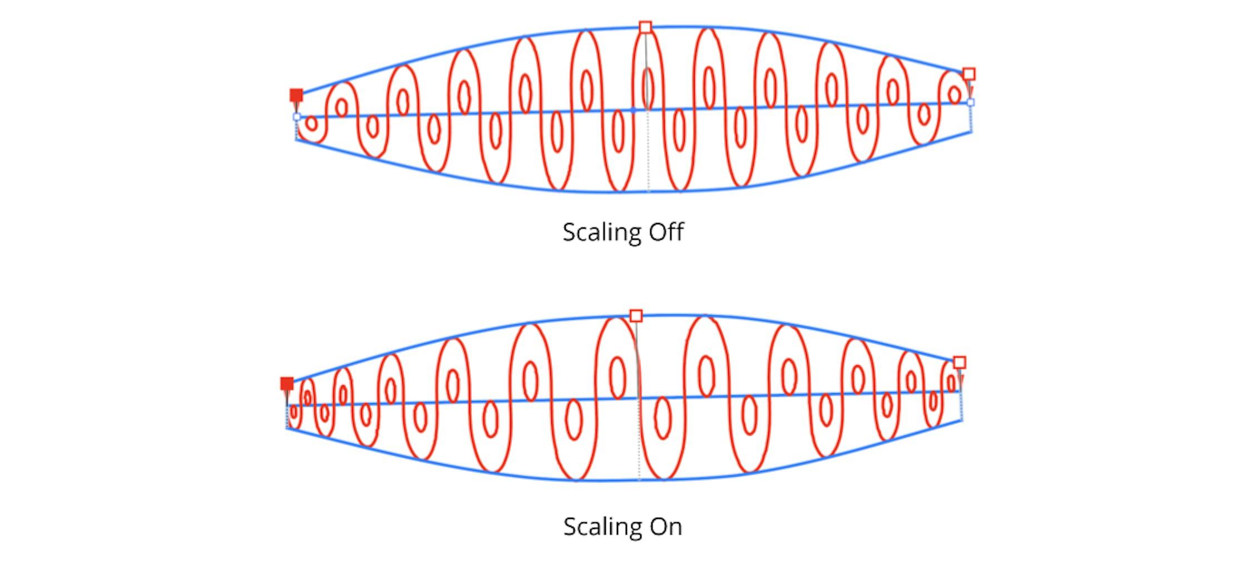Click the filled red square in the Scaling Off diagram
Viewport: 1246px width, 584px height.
tap(296, 95)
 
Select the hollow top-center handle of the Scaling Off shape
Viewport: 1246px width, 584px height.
tap(645, 27)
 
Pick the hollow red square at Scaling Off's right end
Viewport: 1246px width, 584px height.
tap(969, 74)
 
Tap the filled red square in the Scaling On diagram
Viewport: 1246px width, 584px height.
tap(287, 384)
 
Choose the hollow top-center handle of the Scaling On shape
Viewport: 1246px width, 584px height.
tap(636, 316)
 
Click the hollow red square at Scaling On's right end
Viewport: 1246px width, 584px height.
tap(960, 363)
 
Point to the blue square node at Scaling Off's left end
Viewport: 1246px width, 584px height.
tap(296, 117)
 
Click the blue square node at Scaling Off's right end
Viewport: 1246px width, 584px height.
tap(971, 102)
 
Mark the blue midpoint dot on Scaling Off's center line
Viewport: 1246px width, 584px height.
tap(633, 110)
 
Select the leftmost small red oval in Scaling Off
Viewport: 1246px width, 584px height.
tap(311, 123)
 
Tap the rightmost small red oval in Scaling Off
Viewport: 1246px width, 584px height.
tap(955, 95)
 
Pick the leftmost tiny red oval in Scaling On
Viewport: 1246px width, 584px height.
tap(294, 412)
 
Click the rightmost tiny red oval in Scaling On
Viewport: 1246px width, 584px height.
tap(952, 383)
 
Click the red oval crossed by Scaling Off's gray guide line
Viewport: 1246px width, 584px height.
tap(647, 88)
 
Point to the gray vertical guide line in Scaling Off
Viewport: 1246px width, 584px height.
tap(647, 111)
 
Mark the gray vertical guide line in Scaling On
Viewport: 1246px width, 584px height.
tap(639, 400)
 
